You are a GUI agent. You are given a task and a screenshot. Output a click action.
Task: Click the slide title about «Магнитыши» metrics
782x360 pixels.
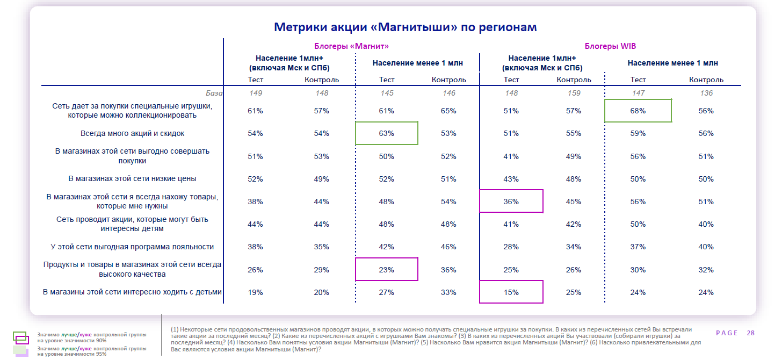point(405,27)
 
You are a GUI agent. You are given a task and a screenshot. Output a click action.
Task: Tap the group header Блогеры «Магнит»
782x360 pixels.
point(351,46)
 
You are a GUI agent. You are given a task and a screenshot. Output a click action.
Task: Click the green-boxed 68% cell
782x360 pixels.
point(638,111)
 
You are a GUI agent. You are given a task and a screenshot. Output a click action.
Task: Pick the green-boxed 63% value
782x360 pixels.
point(387,133)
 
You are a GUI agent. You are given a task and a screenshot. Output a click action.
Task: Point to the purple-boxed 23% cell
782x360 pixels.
point(387,270)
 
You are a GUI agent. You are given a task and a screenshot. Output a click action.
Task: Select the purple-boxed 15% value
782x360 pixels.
point(511,292)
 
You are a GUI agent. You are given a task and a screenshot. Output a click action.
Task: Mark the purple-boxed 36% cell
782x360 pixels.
point(511,201)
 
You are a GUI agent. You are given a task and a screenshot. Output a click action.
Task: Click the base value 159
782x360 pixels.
point(574,93)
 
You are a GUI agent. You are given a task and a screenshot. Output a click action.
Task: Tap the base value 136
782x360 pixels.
point(706,93)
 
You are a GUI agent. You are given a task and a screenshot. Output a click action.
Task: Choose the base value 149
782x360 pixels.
point(255,93)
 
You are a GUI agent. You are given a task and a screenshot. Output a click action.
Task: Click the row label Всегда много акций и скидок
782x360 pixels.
point(133,133)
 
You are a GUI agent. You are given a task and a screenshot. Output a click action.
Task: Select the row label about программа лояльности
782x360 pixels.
point(132,247)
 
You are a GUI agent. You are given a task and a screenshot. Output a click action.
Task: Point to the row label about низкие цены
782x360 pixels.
point(132,179)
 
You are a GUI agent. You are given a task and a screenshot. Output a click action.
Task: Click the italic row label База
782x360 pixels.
point(214,93)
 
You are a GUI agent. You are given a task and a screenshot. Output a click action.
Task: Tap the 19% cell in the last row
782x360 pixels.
point(255,292)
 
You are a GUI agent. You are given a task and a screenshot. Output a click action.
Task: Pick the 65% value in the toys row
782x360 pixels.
point(448,111)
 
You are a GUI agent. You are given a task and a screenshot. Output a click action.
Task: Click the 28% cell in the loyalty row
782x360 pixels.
point(511,247)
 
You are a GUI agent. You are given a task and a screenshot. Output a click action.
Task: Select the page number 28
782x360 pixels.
point(750,333)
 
